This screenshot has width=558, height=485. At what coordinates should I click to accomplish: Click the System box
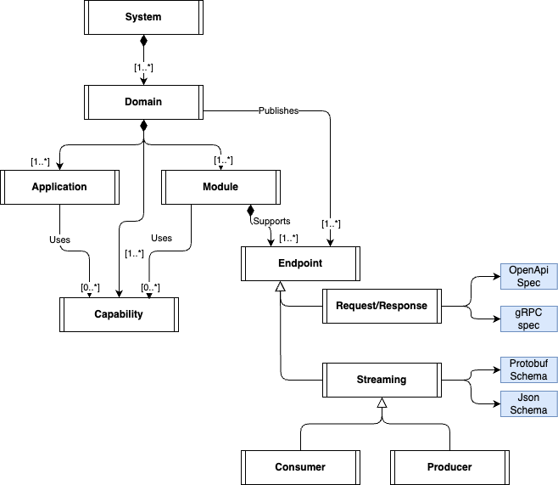142,17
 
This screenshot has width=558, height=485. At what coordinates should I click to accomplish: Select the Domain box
142,102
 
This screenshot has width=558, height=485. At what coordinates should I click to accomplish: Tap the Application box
59,187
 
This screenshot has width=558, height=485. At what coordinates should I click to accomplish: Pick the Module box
220,187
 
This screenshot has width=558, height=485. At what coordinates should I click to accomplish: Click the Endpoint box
300,263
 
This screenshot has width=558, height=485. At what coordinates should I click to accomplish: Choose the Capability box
119,314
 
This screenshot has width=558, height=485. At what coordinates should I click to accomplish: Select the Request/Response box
382,306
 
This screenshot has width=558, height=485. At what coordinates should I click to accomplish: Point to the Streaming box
382,380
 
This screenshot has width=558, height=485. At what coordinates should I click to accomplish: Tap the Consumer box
300,466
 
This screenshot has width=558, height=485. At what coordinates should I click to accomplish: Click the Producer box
449,466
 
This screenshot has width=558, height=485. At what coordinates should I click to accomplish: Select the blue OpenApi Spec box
528,276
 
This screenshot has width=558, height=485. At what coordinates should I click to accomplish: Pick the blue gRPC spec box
528,319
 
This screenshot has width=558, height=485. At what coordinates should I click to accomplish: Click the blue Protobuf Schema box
528,369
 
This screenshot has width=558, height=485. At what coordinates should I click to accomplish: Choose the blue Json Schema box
528,404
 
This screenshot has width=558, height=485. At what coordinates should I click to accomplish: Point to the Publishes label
278,111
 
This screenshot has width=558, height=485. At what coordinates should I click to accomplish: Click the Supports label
271,221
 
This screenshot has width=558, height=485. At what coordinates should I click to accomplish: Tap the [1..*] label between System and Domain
143,67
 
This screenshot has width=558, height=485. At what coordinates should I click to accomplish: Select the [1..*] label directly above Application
40,161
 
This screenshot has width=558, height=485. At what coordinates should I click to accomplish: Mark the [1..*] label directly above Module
223,160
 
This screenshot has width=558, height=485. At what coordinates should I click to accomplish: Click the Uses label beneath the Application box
59,240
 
